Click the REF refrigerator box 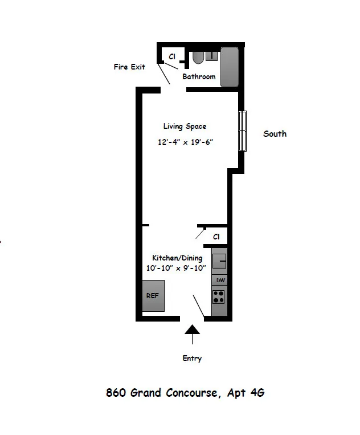click(153, 296)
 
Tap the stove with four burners click(219, 297)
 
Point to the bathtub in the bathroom click(229, 67)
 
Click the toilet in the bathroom click(198, 58)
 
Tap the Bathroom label click(199, 77)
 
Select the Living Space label click(185, 127)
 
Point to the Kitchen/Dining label click(177, 258)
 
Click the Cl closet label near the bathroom click(171, 56)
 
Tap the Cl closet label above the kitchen click(216, 237)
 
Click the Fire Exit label click(129, 67)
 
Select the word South click(275, 134)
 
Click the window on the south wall click(243, 131)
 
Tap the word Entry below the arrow click(192, 359)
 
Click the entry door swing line click(199, 307)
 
